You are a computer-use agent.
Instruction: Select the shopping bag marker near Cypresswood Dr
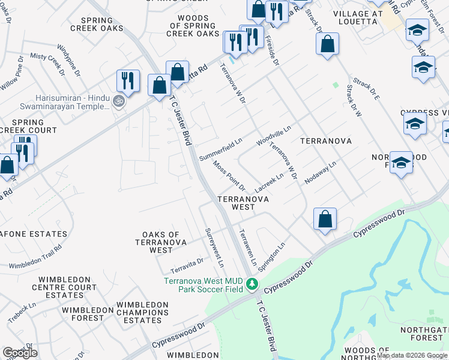click(325, 220)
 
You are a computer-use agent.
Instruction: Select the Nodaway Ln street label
click(321, 172)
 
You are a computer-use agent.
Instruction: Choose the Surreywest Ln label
click(214, 247)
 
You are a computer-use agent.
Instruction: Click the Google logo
click(20, 352)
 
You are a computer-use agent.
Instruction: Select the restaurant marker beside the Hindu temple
click(128, 81)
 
